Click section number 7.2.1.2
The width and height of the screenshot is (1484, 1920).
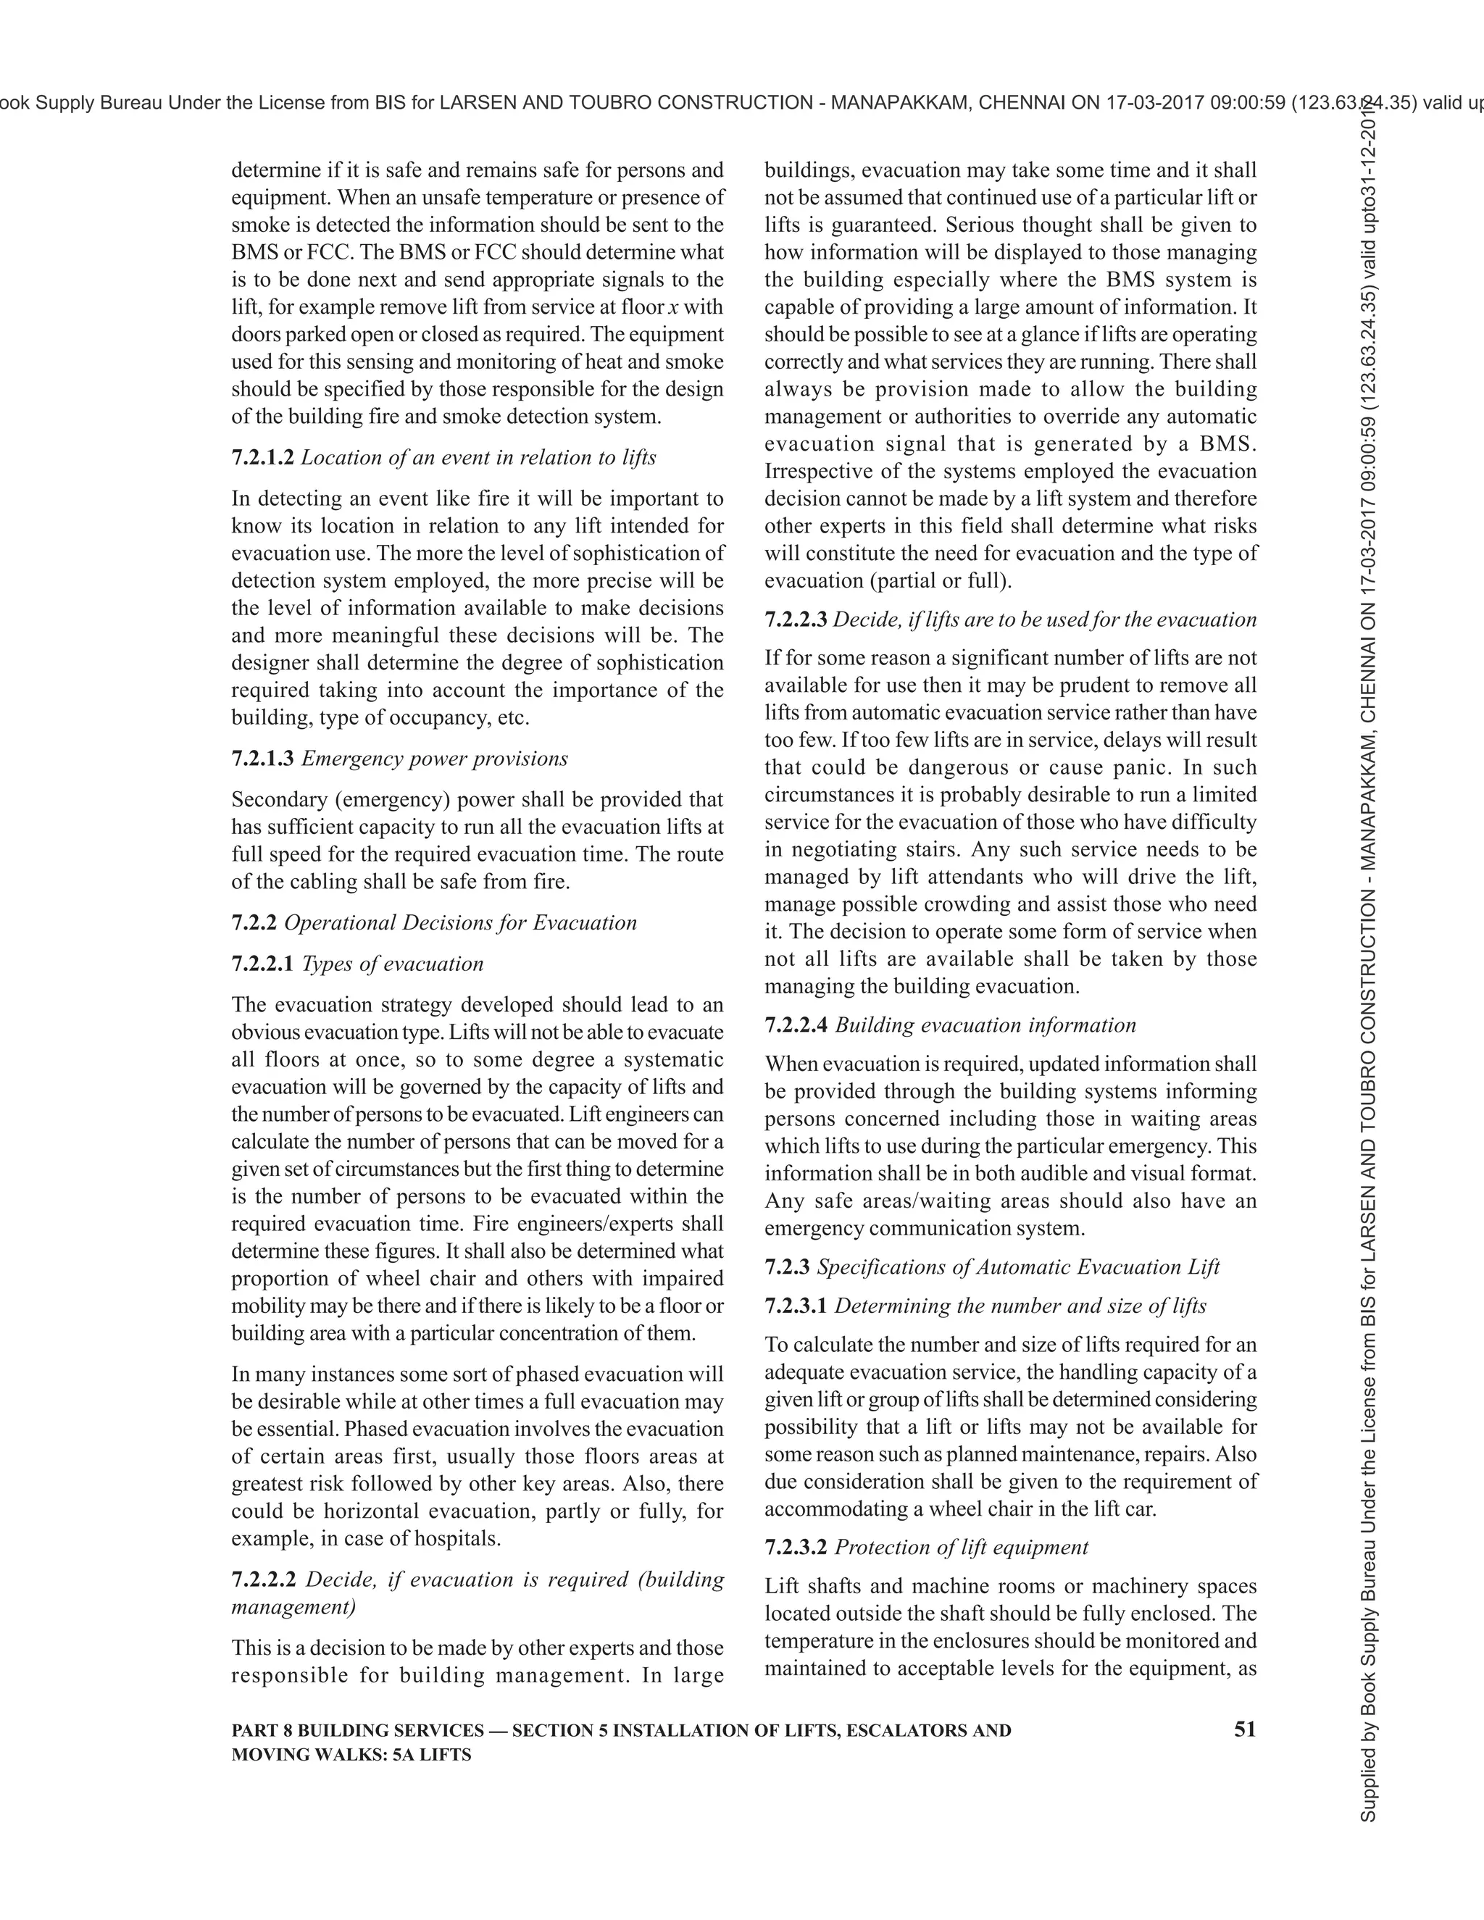point(262,458)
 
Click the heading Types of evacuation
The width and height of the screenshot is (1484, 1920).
point(392,964)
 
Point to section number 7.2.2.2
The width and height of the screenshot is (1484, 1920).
point(262,1579)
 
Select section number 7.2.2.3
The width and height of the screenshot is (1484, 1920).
point(795,619)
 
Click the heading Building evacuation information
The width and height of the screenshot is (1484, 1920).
point(985,1025)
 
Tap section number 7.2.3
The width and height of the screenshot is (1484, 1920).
point(787,1266)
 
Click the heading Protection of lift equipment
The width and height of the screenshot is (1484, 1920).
point(961,1548)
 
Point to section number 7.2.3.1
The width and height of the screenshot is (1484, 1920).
point(795,1306)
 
